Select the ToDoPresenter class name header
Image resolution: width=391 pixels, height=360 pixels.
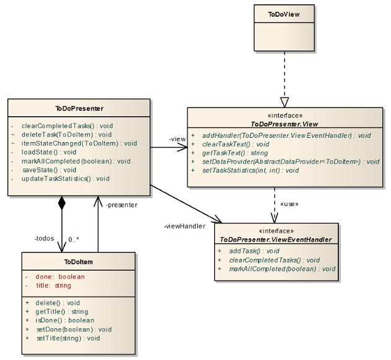pos(79,108)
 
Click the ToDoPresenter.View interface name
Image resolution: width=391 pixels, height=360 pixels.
pos(285,124)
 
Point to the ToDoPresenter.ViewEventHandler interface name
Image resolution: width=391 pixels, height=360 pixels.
pos(276,240)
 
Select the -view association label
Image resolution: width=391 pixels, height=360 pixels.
pos(177,139)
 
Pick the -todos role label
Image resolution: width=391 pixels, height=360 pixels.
pos(45,238)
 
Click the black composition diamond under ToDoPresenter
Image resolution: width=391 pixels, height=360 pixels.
pos(61,203)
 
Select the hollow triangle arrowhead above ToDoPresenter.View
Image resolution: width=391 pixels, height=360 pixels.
pos(284,102)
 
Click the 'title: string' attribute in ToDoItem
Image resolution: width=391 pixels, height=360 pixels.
pos(53,286)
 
